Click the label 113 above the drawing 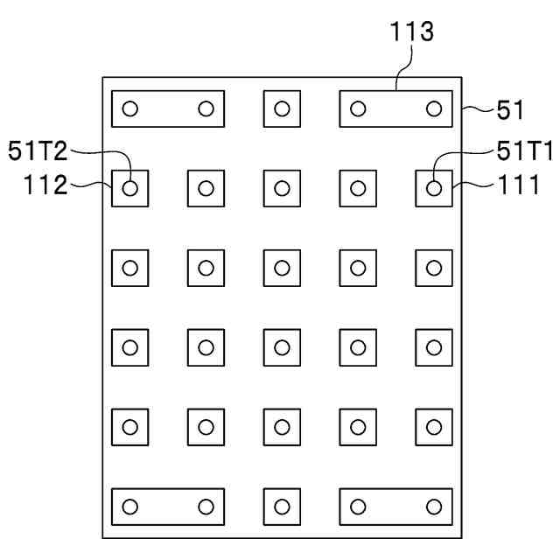411,33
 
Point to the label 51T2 38,151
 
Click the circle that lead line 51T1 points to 433,188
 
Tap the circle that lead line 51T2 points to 130,188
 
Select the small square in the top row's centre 282,108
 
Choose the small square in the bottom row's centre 282,507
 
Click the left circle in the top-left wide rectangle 130,108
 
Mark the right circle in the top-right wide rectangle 433,108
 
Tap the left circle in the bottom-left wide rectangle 130,507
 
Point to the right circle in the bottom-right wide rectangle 433,507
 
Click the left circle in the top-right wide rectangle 357,108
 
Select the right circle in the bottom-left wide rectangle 206,507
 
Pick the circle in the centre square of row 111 282,188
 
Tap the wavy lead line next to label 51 473,109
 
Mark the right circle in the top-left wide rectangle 206,108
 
